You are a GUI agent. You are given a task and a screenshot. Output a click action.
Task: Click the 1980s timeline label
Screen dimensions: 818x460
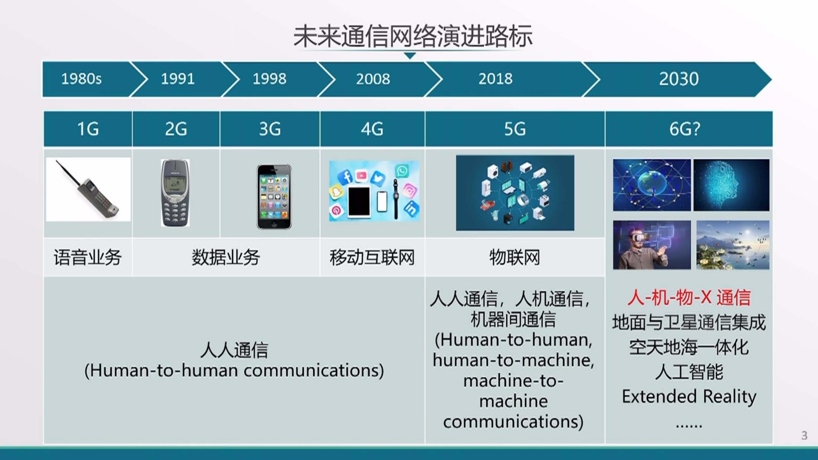pos(81,79)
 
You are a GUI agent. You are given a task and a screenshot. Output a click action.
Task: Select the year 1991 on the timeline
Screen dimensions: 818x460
pos(178,79)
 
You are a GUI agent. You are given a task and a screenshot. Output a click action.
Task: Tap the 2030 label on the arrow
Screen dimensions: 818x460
pos(679,79)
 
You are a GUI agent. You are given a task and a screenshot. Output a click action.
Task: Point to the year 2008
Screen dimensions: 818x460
pos(373,79)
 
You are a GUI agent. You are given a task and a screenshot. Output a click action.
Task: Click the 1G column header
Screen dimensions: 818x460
pos(88,129)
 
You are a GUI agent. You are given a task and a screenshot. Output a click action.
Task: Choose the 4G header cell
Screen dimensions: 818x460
pos(372,129)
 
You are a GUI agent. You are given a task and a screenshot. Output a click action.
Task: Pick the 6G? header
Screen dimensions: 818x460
pos(689,129)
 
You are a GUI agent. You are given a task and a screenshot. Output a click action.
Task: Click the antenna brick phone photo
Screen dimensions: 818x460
pos(88,189)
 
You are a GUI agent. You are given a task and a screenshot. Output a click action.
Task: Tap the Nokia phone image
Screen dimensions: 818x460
pos(175,193)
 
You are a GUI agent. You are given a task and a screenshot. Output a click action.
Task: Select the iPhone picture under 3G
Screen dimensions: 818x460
pos(274,197)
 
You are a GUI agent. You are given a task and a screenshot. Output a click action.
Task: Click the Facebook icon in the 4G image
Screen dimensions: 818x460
pos(345,177)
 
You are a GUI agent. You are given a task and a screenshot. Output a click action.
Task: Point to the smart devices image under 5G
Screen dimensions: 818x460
pos(515,193)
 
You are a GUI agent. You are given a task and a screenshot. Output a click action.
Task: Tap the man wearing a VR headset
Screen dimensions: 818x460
pos(652,245)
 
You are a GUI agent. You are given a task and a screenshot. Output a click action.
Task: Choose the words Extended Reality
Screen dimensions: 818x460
pos(689,397)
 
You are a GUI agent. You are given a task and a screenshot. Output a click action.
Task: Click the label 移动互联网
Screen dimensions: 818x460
pos(372,257)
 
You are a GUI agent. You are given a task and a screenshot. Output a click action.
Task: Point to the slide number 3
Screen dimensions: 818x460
pos(804,435)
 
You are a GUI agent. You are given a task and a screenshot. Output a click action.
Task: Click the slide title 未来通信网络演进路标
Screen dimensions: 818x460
pos(412,36)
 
